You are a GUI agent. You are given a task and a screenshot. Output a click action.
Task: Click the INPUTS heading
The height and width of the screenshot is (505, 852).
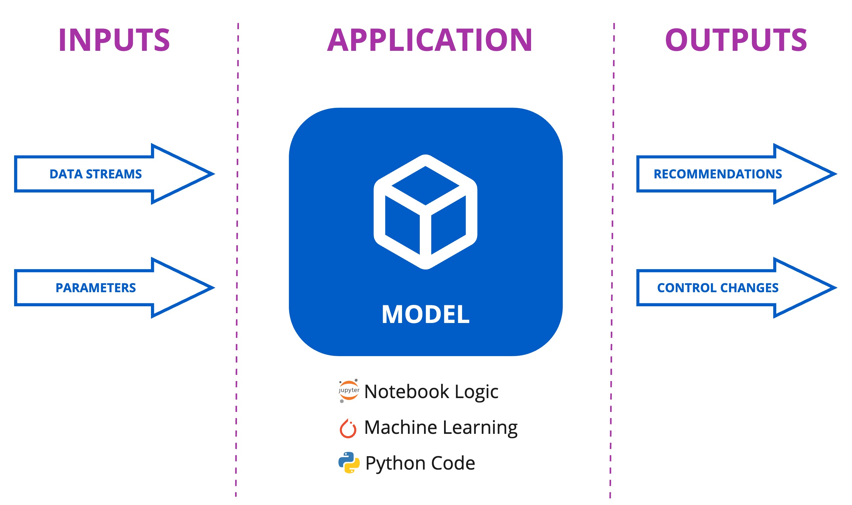click(x=114, y=40)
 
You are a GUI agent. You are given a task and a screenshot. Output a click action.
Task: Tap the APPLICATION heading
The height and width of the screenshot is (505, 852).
click(x=429, y=40)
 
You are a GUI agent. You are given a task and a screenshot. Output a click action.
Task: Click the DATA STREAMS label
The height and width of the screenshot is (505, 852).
click(x=96, y=174)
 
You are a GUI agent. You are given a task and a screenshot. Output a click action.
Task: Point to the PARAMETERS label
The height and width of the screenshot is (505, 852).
click(x=96, y=288)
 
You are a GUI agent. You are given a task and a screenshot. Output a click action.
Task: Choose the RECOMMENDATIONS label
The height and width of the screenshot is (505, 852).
click(x=717, y=174)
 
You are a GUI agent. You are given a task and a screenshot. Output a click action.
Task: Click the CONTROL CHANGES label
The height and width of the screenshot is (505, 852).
click(x=717, y=288)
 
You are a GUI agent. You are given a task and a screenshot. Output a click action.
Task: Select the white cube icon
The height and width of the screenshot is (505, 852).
click(x=425, y=212)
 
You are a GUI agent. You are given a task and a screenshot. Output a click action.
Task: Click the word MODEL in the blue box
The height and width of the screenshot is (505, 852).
click(x=425, y=314)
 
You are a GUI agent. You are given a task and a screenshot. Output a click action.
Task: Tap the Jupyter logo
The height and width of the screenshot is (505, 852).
click(x=349, y=391)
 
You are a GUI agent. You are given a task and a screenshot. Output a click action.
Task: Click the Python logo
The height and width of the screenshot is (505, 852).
click(x=349, y=462)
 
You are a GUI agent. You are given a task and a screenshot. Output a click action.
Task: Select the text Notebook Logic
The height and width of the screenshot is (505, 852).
click(x=431, y=391)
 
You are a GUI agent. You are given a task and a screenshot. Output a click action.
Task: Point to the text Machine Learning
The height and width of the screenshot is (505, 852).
click(x=441, y=427)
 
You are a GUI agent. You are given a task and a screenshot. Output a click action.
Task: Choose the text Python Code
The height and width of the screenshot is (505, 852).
click(x=420, y=463)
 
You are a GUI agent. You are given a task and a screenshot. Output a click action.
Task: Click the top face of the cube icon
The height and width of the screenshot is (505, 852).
click(x=425, y=186)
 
